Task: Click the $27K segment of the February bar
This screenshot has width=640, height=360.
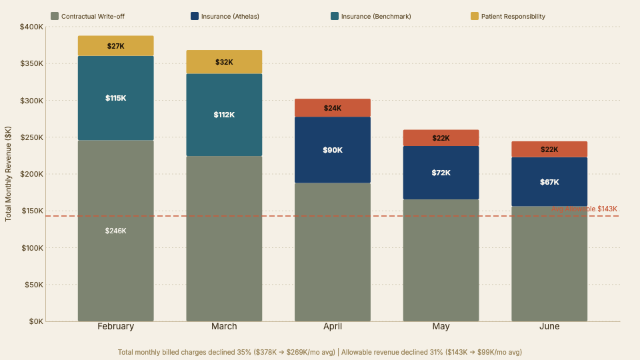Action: [x=115, y=46]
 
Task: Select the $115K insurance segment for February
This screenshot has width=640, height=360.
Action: [x=115, y=98]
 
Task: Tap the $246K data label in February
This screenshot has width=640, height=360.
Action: [x=115, y=231]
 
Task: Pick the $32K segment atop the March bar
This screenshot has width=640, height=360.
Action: [x=224, y=62]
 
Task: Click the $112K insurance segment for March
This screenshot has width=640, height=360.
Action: [x=224, y=115]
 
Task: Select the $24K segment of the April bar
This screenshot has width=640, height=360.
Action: [x=333, y=108]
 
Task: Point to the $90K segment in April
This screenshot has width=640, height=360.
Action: [x=333, y=150]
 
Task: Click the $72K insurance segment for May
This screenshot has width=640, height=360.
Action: [x=441, y=173]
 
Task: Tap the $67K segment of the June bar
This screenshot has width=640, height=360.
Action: [x=549, y=182]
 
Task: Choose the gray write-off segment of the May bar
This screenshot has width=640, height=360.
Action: [x=441, y=260]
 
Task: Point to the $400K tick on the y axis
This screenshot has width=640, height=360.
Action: [x=32, y=27]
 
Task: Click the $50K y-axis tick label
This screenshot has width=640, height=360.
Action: [x=34, y=285]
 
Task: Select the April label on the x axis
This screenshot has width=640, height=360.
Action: [x=333, y=327]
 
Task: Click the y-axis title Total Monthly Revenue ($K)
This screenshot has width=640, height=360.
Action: [x=9, y=173]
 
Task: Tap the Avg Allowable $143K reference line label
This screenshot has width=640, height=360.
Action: [x=584, y=209]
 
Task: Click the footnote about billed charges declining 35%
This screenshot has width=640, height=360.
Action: [x=320, y=351]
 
